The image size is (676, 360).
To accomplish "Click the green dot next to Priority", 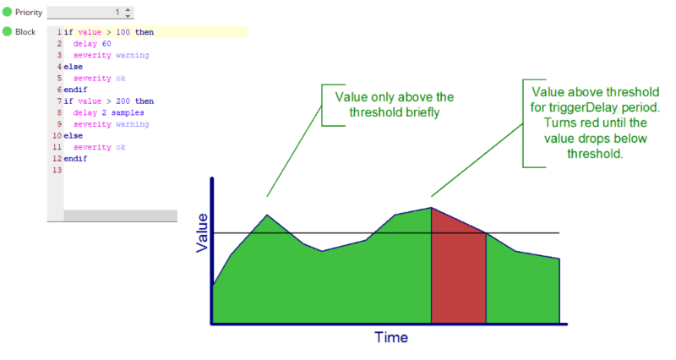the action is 7,12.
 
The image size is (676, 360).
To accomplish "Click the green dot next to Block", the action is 7,31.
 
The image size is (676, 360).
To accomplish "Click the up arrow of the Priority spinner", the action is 128,9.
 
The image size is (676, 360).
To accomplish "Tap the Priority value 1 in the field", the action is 117,13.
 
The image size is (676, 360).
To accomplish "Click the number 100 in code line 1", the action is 123,32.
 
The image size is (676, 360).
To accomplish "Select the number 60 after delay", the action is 106,44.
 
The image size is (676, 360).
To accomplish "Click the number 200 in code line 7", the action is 123,101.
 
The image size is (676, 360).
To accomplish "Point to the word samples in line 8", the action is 128,112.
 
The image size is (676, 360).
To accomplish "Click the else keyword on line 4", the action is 74,67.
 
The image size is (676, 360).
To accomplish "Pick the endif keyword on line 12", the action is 75,158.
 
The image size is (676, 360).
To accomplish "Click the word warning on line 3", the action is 133,55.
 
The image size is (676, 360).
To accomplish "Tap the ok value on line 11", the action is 121,147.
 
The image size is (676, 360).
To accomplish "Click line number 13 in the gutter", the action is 57,170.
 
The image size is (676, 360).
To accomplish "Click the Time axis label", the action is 391,337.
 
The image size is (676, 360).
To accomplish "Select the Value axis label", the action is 202,232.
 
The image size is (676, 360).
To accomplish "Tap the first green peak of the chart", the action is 267,215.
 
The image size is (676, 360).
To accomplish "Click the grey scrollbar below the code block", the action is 120,215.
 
